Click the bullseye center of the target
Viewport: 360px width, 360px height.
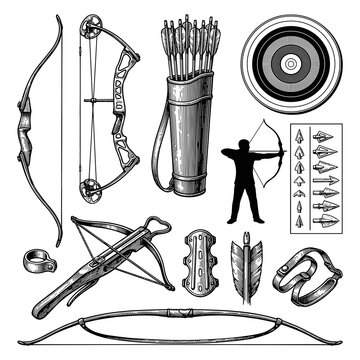pyautogui.click(x=291, y=63)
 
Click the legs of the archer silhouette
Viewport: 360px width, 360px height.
pyautogui.click(x=240, y=205)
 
